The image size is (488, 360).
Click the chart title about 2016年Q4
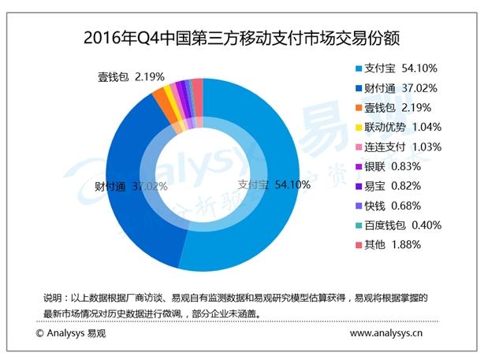(x=244, y=37)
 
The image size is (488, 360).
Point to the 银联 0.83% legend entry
(x=393, y=166)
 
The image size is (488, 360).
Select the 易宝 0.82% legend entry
(x=393, y=186)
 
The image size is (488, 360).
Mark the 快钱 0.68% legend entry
(x=393, y=206)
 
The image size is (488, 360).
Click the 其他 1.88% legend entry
(x=393, y=245)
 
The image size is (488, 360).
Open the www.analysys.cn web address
(x=386, y=333)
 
